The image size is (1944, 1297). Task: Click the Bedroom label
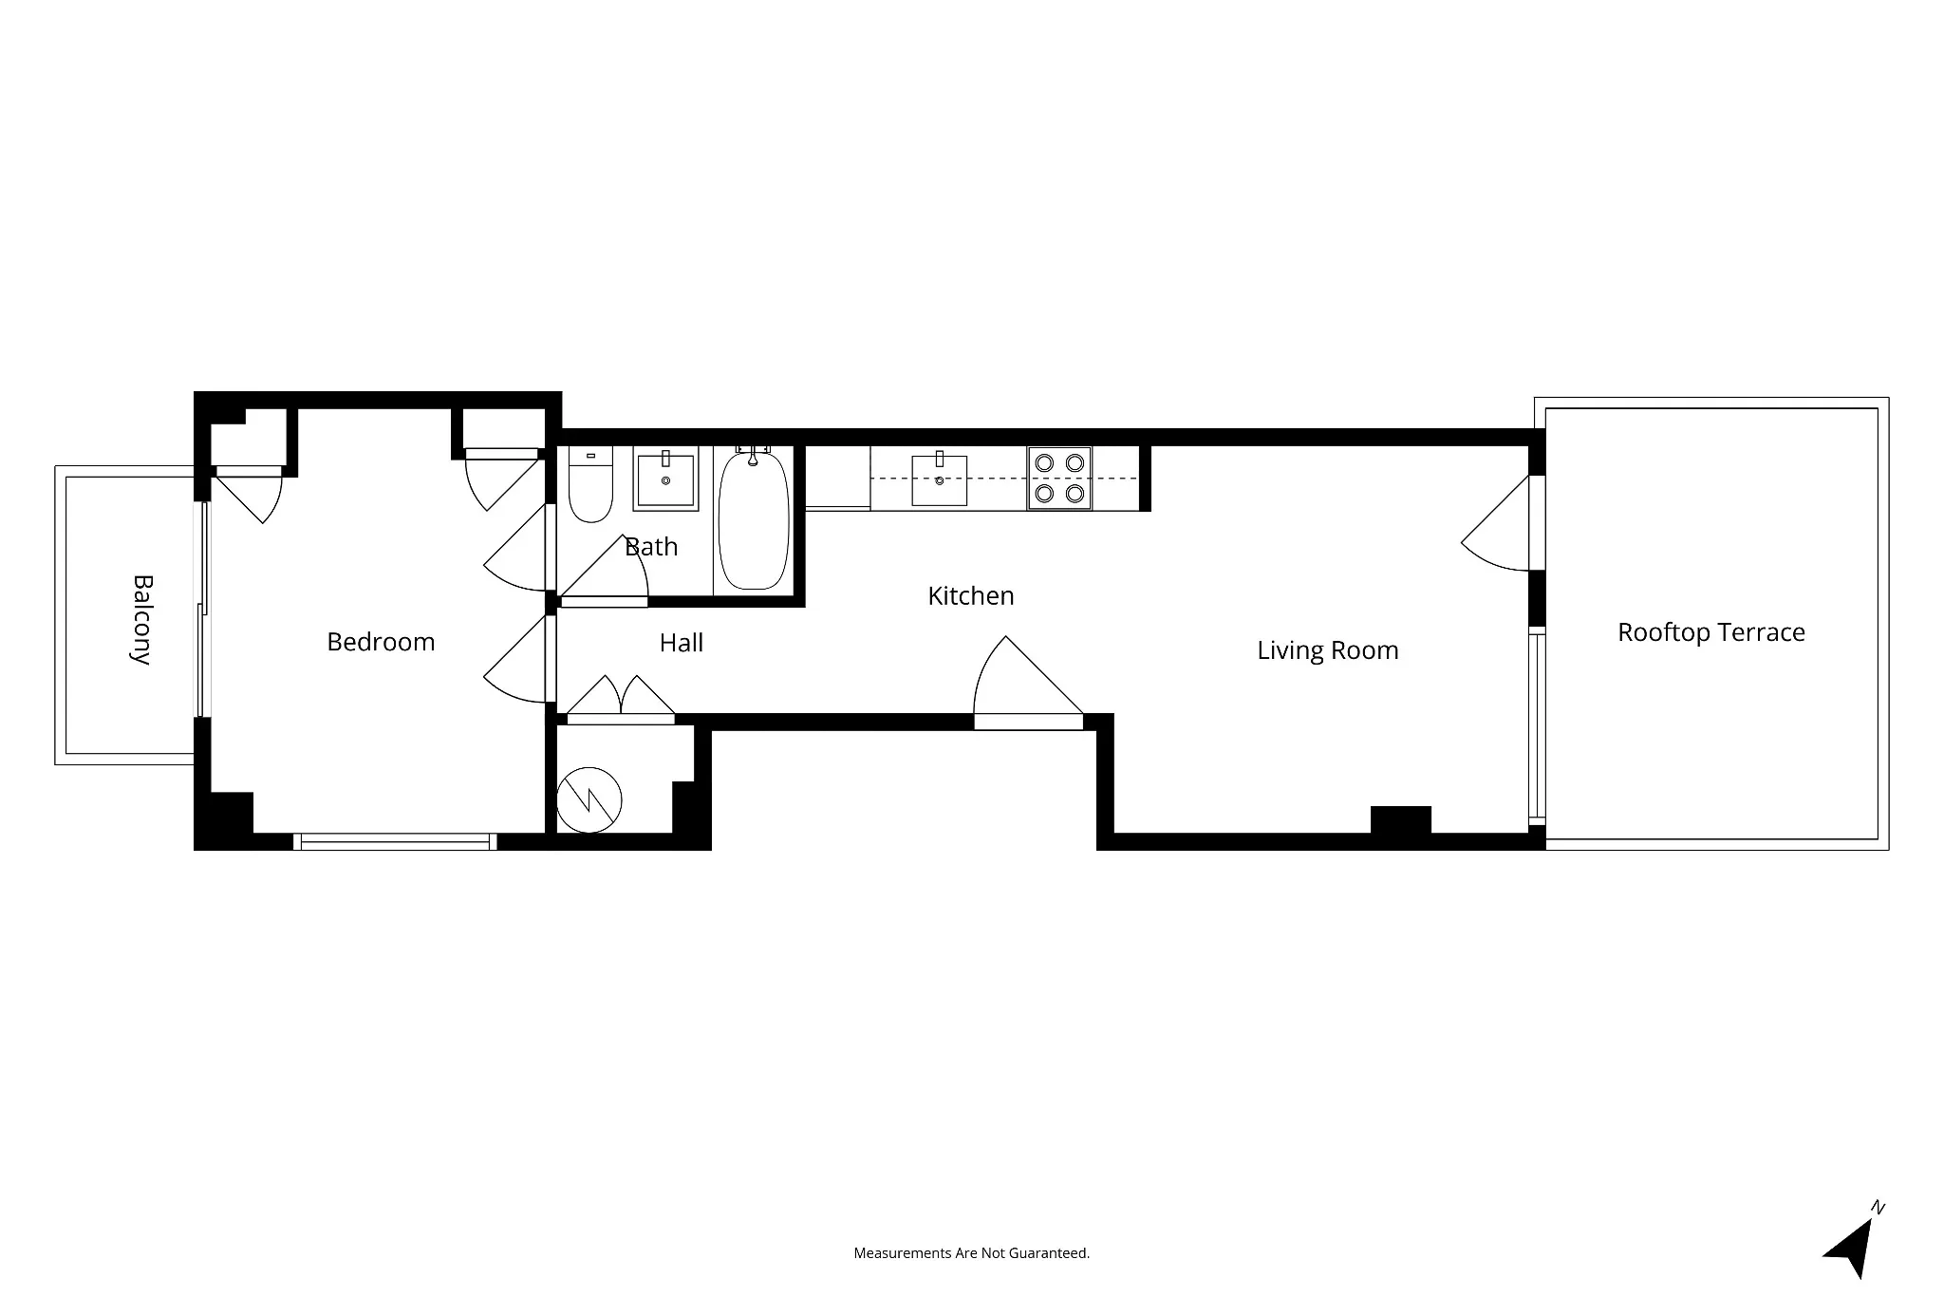click(x=381, y=642)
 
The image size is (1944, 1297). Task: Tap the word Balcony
click(x=141, y=619)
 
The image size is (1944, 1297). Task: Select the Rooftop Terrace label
click(x=1710, y=632)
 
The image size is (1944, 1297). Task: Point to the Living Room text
click(x=1327, y=650)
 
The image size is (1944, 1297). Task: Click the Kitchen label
click(x=970, y=596)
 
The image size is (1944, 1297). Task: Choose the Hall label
click(x=681, y=643)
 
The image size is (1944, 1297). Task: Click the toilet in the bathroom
click(x=589, y=486)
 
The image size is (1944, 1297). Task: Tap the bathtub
click(x=754, y=521)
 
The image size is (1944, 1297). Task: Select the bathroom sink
click(x=664, y=480)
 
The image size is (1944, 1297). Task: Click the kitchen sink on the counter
click(x=939, y=480)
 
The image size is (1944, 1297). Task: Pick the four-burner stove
click(x=1059, y=479)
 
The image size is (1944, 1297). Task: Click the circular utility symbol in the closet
click(x=589, y=800)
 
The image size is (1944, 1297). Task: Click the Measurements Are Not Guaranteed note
click(x=971, y=1253)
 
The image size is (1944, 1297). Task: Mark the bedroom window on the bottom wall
click(x=395, y=841)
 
